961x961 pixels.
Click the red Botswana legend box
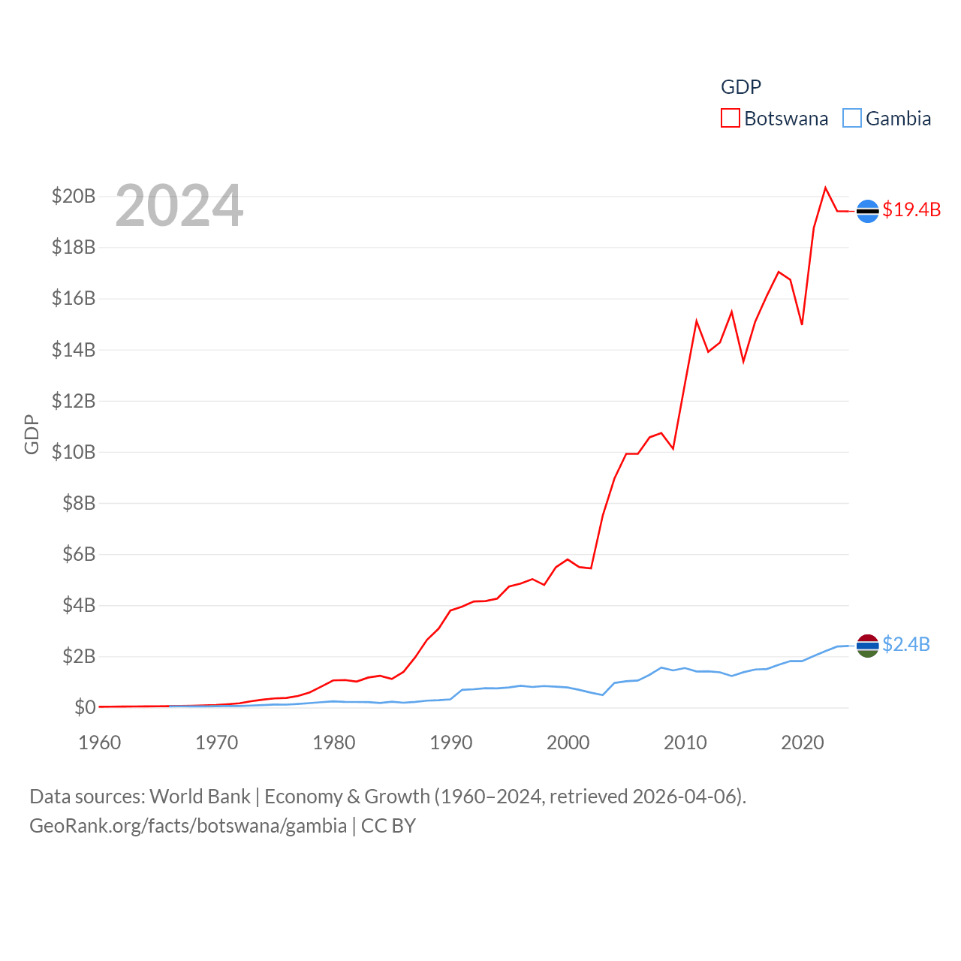731,119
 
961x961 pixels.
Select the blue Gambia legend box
852,119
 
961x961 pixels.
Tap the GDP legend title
741,87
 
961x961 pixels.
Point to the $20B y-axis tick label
74,196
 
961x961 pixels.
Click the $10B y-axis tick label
74,452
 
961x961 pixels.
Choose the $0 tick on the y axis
85,707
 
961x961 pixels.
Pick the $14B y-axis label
74,350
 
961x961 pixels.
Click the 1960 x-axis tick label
100,743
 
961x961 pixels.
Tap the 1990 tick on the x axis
451,743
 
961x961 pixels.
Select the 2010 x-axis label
685,743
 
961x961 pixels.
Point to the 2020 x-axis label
803,743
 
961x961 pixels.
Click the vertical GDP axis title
32,434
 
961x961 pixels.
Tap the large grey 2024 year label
179,206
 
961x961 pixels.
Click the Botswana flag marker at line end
867,212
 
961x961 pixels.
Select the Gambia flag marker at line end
867,646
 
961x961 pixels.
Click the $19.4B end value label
911,209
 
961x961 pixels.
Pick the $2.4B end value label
906,644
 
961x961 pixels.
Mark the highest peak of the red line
826,188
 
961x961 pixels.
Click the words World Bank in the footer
200,797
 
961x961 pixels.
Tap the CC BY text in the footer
388,827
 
